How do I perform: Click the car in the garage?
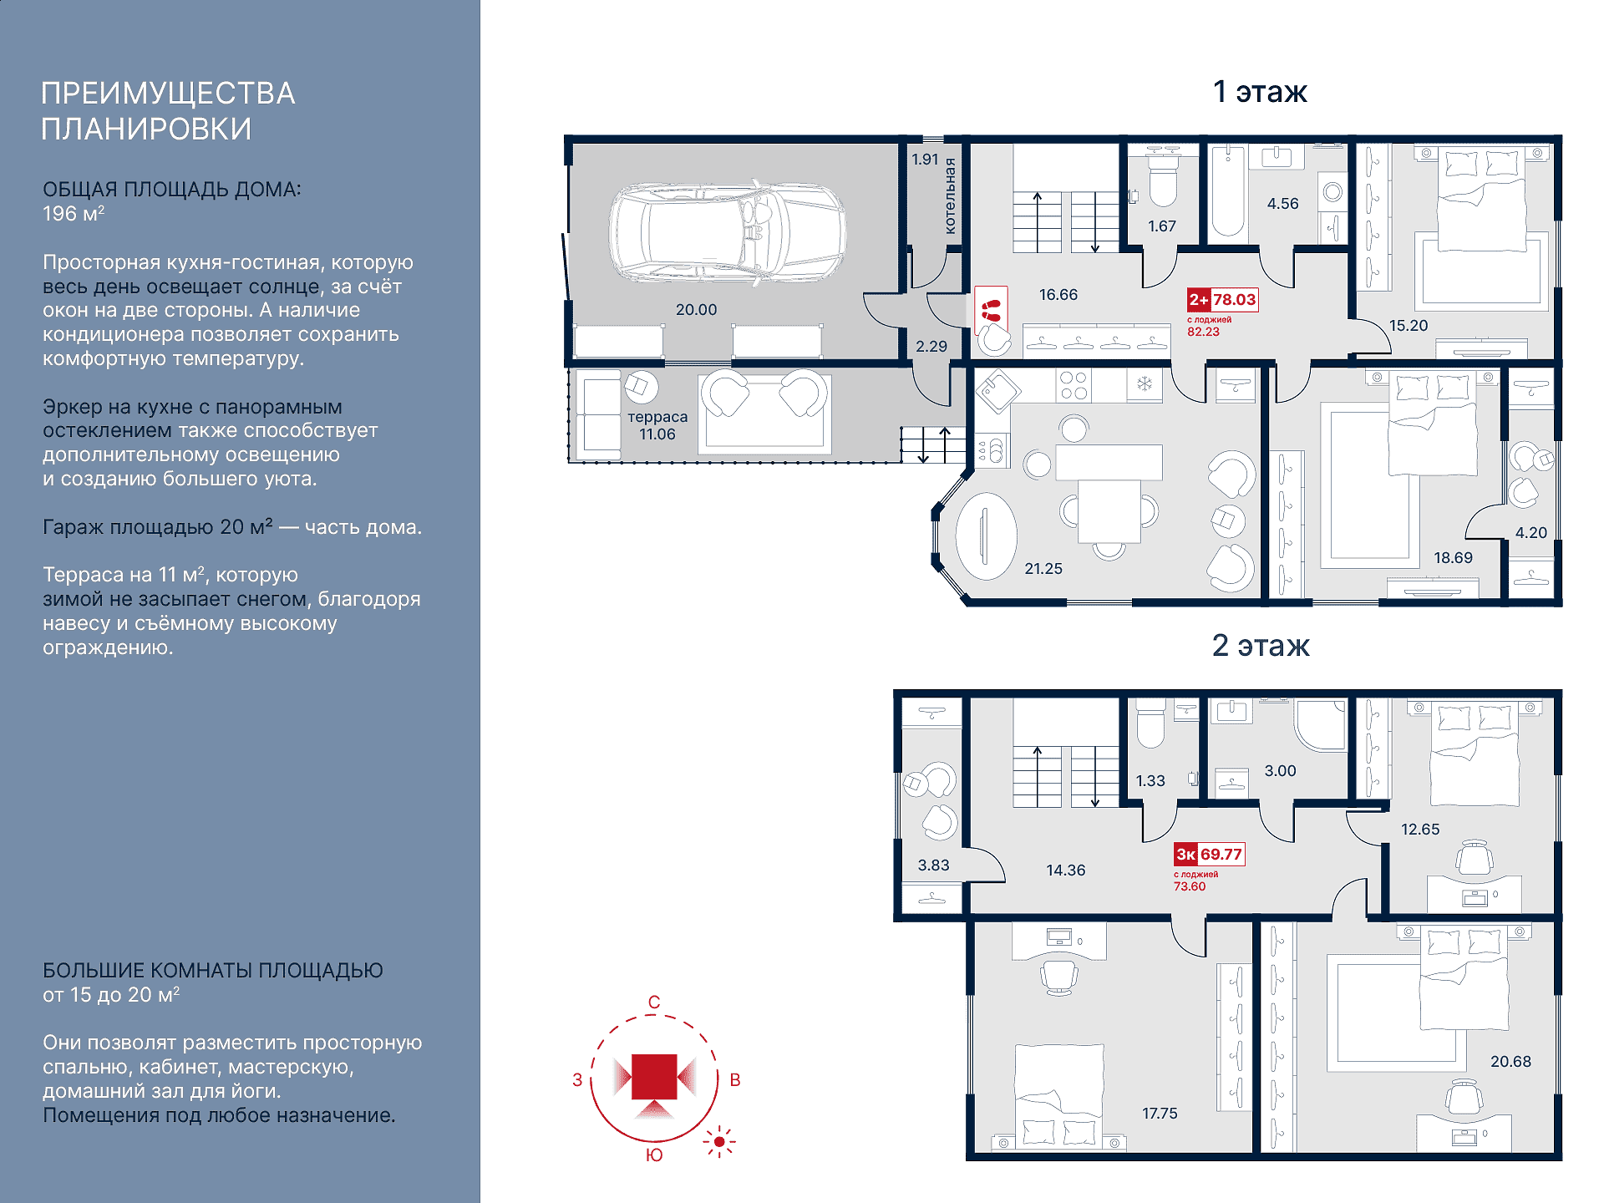click(x=727, y=232)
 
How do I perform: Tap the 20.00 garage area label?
click(x=696, y=310)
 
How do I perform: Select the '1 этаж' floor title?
click(x=1260, y=92)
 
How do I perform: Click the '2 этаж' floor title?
click(x=1261, y=646)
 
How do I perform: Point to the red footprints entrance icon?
click(x=991, y=310)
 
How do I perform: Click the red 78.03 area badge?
click(x=1223, y=300)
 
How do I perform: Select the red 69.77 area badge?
click(x=1210, y=854)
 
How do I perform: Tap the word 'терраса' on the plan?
click(x=657, y=417)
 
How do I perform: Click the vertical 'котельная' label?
click(x=950, y=196)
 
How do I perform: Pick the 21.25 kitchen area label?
click(x=1043, y=569)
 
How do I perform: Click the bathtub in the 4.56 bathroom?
click(x=1228, y=192)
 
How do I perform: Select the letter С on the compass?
click(x=654, y=1002)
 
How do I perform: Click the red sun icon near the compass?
click(x=719, y=1141)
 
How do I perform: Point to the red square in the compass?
click(x=654, y=1077)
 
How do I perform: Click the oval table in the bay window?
click(x=986, y=536)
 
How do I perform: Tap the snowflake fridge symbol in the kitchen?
click(x=1145, y=384)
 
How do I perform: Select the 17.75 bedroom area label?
click(x=1160, y=1114)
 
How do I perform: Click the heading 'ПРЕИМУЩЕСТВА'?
click(x=168, y=94)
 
